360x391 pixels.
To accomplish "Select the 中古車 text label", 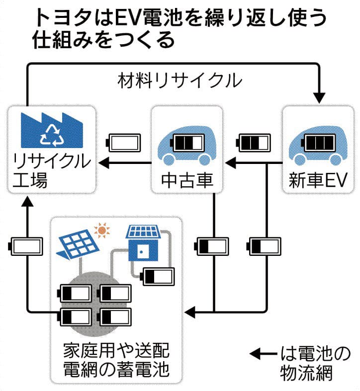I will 187,179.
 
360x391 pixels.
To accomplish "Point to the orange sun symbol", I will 102,230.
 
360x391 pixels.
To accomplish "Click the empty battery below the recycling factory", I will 27,246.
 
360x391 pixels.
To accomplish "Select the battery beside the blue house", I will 159,276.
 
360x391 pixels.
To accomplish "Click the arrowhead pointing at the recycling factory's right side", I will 102,161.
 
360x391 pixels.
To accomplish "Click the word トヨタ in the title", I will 55,19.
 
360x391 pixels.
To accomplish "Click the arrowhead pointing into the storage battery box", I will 189,313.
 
